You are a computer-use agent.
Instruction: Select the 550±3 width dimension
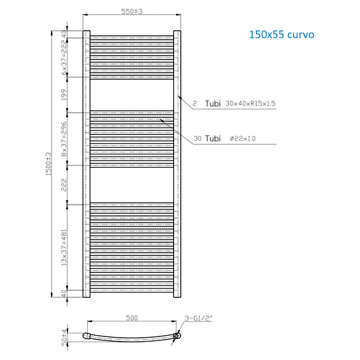[x=132, y=12]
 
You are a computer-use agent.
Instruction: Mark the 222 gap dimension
[x=64, y=184]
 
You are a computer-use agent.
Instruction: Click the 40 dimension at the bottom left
[x=64, y=293]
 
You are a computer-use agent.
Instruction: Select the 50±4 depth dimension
[x=64, y=336]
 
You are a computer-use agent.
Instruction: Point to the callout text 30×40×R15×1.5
[x=249, y=103]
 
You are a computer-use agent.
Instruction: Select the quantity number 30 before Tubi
[x=198, y=139]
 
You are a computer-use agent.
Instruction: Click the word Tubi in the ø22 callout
[x=213, y=139]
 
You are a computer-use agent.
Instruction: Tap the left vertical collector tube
[x=86, y=164]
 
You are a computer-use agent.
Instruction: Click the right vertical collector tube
[x=177, y=164]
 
